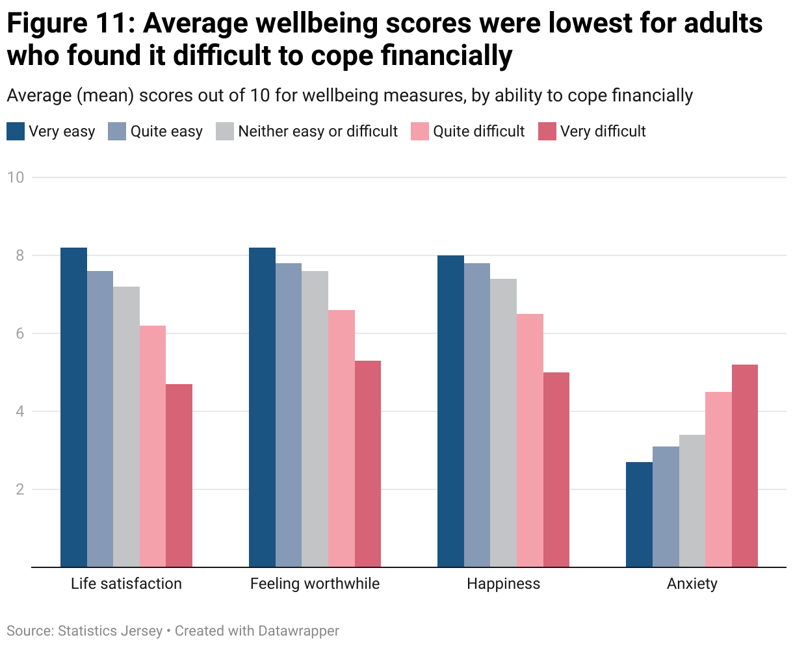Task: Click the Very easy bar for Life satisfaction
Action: (x=73, y=407)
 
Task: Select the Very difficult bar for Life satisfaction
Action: (x=179, y=476)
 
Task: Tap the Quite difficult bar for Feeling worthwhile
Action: (x=341, y=439)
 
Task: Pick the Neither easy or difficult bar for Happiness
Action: (x=503, y=423)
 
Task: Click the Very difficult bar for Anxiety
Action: (x=744, y=466)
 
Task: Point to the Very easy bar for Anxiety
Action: (x=639, y=515)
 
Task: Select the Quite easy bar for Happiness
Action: (x=477, y=415)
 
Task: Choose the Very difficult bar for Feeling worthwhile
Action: (x=367, y=464)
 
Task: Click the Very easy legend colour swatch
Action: (x=16, y=131)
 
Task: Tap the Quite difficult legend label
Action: (x=478, y=131)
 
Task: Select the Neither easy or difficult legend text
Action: (x=318, y=131)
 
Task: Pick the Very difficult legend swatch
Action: (x=547, y=131)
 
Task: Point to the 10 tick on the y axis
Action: (x=16, y=177)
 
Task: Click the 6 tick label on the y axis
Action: (x=19, y=333)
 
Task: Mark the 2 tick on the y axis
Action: (x=19, y=489)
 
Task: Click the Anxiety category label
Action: (x=692, y=584)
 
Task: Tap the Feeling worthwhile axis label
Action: (x=315, y=584)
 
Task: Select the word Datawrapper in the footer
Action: (x=298, y=631)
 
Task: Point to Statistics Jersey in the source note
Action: (x=110, y=631)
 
